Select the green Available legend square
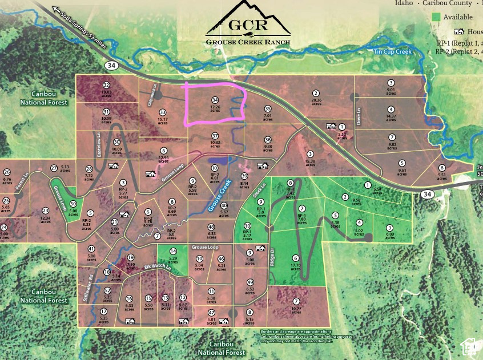(x=437, y=17)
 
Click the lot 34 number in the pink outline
(x=215, y=100)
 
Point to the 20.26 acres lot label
(x=316, y=100)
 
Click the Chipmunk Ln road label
(x=154, y=93)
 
